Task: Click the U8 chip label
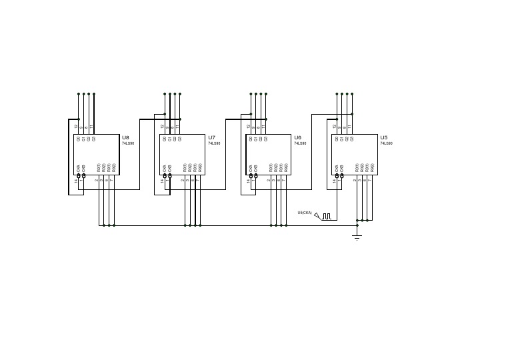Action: (125, 137)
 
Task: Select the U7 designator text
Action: (211, 137)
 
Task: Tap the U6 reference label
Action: (297, 137)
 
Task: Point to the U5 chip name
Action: (383, 137)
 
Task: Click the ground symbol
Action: (357, 237)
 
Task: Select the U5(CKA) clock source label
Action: (305, 213)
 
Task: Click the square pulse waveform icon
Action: (327, 216)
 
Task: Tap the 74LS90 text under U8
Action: (128, 143)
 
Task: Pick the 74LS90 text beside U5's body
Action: (387, 143)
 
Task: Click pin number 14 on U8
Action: (77, 181)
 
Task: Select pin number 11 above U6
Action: (264, 126)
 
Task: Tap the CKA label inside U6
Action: (251, 169)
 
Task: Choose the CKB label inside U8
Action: (83, 169)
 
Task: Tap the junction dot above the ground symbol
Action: (357, 225)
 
